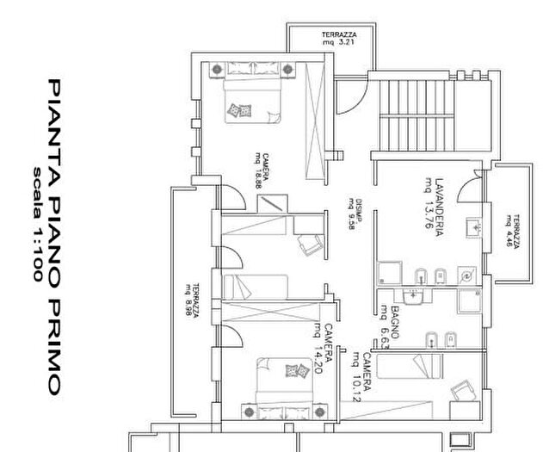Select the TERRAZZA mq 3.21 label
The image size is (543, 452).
[339, 37]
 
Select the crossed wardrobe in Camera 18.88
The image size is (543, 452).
[316, 116]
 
